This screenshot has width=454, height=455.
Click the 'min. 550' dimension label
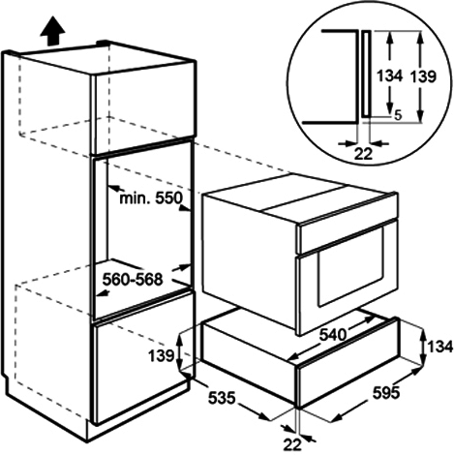(x=151, y=197)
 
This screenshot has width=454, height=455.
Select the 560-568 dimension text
(x=133, y=280)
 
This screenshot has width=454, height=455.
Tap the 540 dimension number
(x=332, y=335)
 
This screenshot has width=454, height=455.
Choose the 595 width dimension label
(x=386, y=393)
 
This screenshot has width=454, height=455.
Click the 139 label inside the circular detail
(x=423, y=76)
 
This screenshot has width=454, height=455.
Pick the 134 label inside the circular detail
(x=390, y=76)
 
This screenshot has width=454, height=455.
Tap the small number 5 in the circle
(x=398, y=115)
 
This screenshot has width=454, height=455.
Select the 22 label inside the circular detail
(x=363, y=154)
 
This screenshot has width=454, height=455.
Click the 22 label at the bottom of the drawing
(x=292, y=445)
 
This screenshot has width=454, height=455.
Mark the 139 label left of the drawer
(x=161, y=355)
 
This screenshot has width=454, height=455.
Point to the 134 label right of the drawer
(x=440, y=347)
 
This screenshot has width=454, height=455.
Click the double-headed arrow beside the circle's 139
(x=420, y=76)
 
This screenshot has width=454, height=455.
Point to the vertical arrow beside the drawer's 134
(x=423, y=347)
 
